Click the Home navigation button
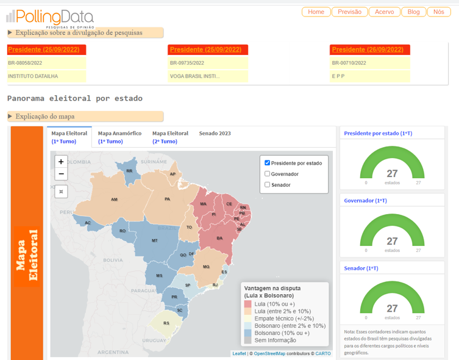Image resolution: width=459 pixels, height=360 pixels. click(316, 12)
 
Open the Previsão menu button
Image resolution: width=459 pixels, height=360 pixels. click(349, 12)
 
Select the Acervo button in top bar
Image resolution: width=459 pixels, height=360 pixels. click(385, 12)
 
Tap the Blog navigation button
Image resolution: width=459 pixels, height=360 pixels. click(413, 12)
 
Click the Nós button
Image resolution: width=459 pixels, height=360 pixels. click(439, 12)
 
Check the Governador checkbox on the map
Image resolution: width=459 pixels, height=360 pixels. click(268, 174)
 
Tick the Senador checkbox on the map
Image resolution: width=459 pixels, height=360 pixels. click(268, 184)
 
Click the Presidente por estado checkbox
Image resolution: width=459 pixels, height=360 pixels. click(268, 163)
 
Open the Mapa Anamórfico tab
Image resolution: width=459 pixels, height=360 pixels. click(119, 137)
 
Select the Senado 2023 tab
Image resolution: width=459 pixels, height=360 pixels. click(215, 133)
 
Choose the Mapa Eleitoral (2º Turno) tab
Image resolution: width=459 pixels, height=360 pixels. click(170, 137)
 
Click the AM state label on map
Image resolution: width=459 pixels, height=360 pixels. click(114, 200)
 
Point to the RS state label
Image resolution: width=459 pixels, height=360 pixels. click(166, 323)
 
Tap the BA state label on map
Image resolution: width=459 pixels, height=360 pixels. click(219, 238)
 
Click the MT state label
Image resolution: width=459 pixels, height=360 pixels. click(155, 240)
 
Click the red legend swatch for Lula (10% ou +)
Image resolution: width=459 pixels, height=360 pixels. click(248, 303)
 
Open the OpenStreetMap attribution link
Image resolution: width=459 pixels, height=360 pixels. click(269, 353)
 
